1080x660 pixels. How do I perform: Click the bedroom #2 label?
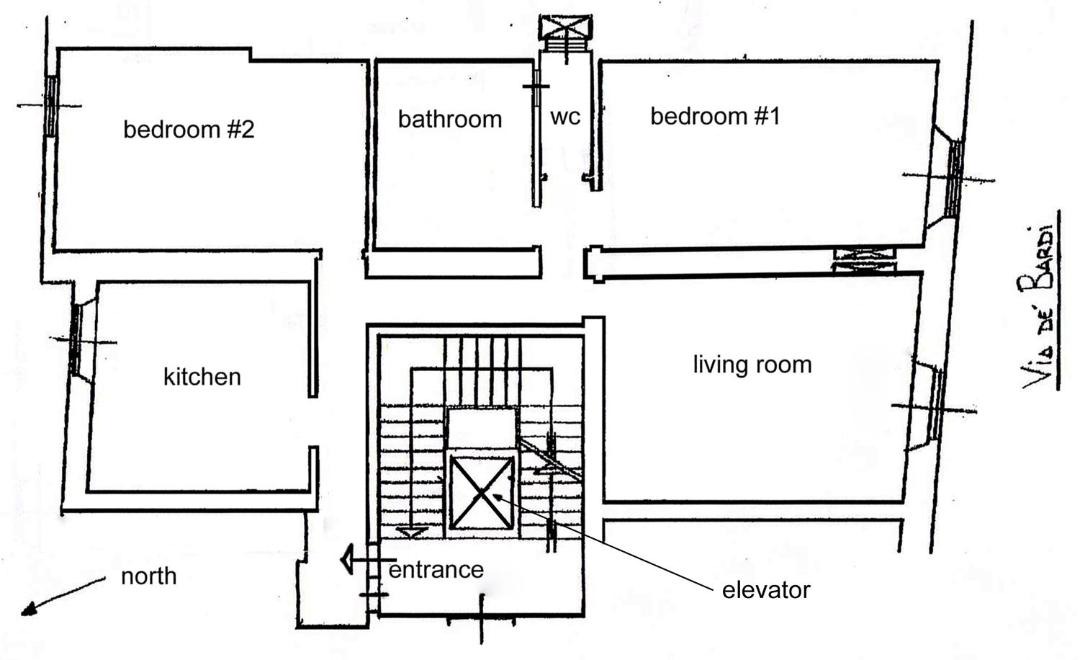click(x=189, y=130)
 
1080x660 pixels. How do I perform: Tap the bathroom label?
click(x=450, y=119)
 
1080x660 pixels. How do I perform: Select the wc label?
click(x=565, y=117)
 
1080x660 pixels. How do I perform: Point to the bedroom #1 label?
click(x=715, y=116)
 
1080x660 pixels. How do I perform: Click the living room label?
click(x=752, y=364)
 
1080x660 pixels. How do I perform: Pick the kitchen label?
click(x=202, y=377)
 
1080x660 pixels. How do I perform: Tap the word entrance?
click(x=436, y=570)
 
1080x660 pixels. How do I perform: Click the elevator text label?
click(x=766, y=590)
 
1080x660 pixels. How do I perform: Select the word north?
click(x=148, y=576)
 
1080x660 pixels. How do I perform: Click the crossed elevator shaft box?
click(x=481, y=493)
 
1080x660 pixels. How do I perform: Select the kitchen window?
click(x=76, y=340)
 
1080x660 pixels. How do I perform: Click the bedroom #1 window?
click(x=954, y=178)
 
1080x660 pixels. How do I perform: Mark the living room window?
click(x=937, y=405)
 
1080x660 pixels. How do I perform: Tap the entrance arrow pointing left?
click(x=368, y=559)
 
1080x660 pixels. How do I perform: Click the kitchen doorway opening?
click(x=313, y=422)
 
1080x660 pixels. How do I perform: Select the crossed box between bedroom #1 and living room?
click(x=864, y=260)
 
